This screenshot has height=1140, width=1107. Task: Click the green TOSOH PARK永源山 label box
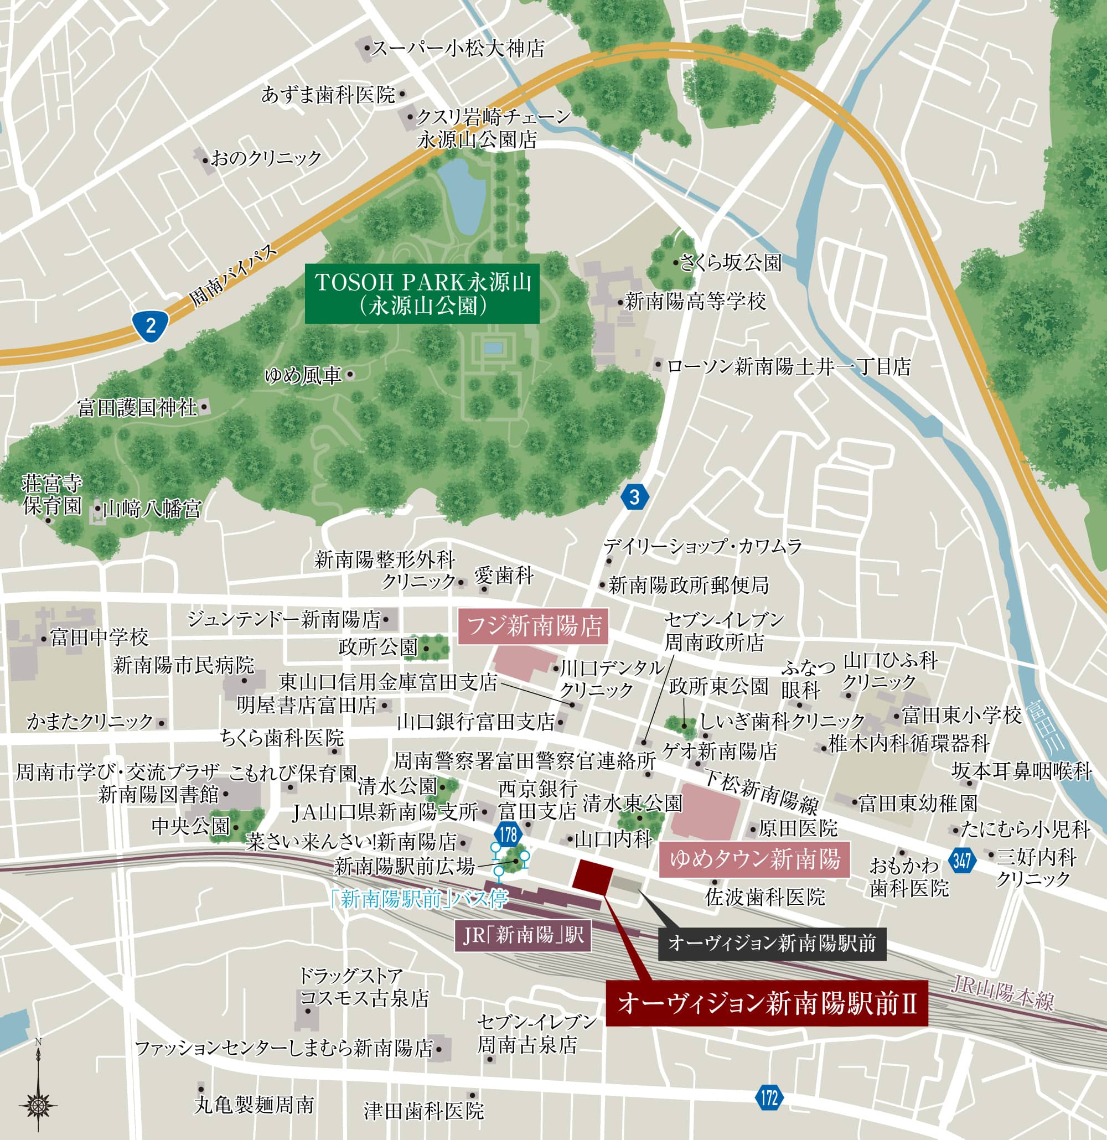coord(422,294)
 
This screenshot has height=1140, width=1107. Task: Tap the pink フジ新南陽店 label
coord(534,627)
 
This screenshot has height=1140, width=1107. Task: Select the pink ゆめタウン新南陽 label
coord(754,859)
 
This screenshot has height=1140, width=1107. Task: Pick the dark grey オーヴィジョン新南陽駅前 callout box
coord(772,944)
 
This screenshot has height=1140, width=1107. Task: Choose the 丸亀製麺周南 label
coord(255,1105)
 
